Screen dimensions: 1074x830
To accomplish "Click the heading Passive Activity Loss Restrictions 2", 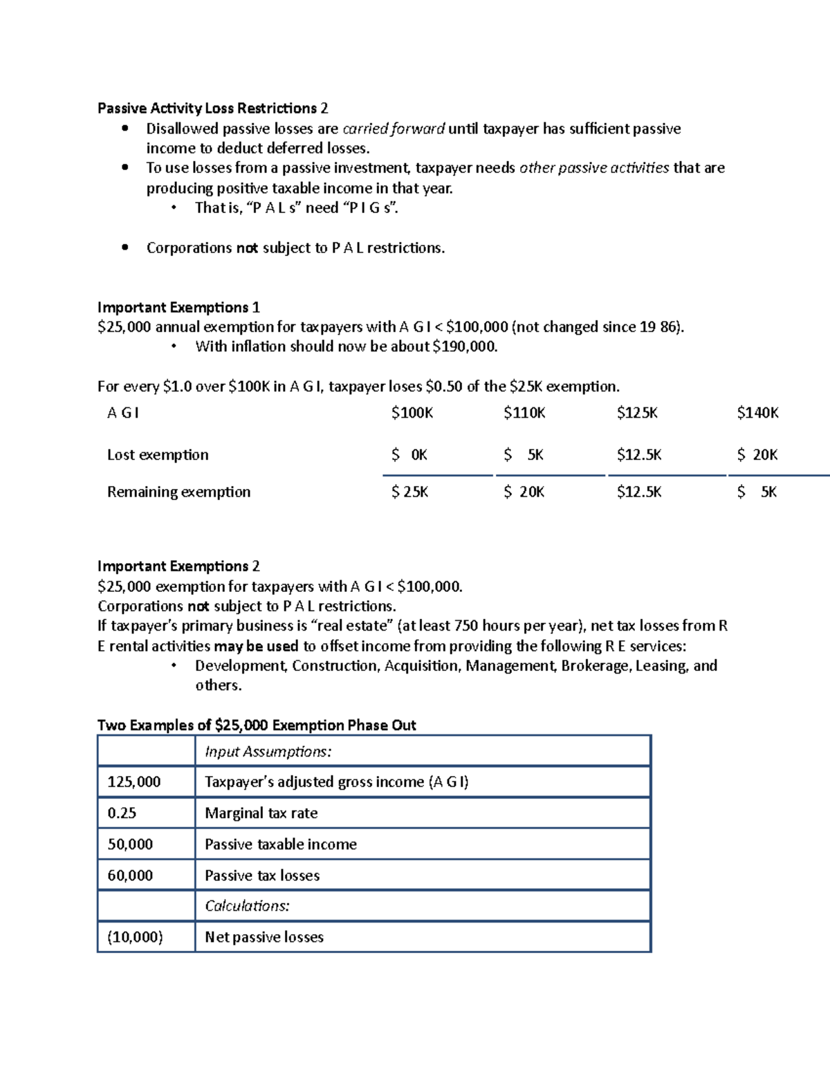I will (x=212, y=109).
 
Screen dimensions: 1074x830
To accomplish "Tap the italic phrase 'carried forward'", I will (x=394, y=129).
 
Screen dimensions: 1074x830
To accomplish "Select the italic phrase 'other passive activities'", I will (x=594, y=168).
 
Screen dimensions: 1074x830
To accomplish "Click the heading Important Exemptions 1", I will (x=178, y=307).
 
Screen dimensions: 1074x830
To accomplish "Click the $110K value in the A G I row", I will (x=524, y=413).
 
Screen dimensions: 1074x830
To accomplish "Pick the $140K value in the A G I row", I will (x=757, y=413).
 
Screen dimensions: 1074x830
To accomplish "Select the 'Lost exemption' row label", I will (x=158, y=455).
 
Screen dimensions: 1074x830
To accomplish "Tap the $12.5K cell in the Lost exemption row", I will (x=639, y=455).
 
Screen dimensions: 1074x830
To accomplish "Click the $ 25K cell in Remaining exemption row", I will (x=409, y=492).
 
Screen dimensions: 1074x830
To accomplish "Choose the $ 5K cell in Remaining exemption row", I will (x=757, y=492).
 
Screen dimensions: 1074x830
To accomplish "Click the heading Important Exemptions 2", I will (x=178, y=566).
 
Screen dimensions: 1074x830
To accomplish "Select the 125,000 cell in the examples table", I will (x=134, y=782).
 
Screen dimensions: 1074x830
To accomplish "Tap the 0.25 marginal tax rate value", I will (x=122, y=813).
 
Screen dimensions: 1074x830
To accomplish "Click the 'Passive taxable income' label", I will (x=281, y=844).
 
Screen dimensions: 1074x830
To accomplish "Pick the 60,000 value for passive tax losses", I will (x=130, y=876).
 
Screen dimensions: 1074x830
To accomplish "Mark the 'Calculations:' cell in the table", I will (x=247, y=906).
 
